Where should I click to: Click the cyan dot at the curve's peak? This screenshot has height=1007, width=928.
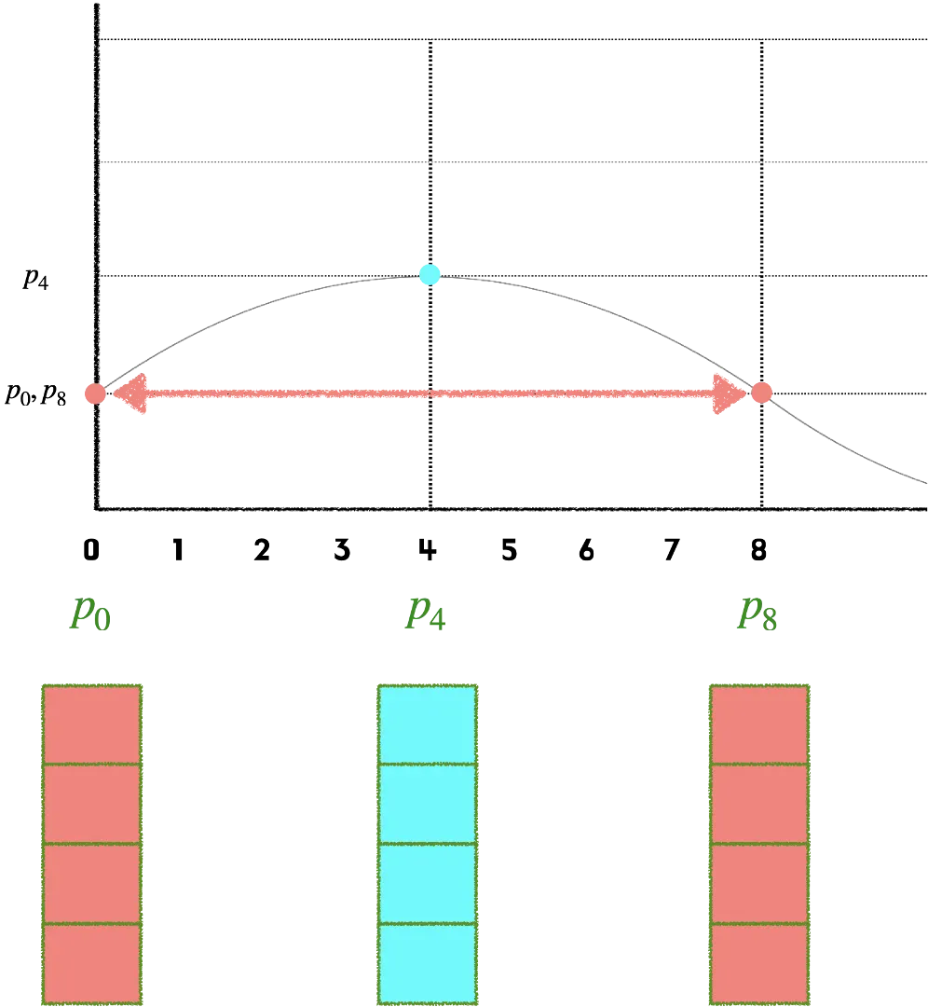(429, 274)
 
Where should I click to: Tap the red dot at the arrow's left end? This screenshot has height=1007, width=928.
(94, 393)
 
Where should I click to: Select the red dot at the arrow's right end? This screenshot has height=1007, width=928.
(762, 392)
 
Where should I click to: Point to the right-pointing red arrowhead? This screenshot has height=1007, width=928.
(729, 393)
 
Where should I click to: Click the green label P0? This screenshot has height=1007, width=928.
(90, 616)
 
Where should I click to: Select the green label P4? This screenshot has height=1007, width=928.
(425, 616)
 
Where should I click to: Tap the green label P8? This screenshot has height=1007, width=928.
(759, 616)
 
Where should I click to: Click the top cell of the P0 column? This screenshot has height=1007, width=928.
(91, 724)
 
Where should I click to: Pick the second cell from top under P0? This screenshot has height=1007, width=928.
(91, 804)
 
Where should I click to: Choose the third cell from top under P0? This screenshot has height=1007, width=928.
(91, 883)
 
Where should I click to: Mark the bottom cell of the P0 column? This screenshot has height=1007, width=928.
(91, 963)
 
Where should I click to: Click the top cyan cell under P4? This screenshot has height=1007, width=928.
(426, 724)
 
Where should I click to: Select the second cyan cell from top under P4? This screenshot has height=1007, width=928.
(426, 804)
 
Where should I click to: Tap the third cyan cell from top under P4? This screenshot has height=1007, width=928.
(426, 883)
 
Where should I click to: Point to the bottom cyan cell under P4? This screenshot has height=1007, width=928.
(426, 963)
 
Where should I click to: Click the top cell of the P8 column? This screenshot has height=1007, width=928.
(760, 724)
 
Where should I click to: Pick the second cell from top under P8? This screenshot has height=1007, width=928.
(760, 804)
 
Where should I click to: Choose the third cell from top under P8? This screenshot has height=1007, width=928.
(760, 883)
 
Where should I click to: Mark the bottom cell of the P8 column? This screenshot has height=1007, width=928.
(760, 963)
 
